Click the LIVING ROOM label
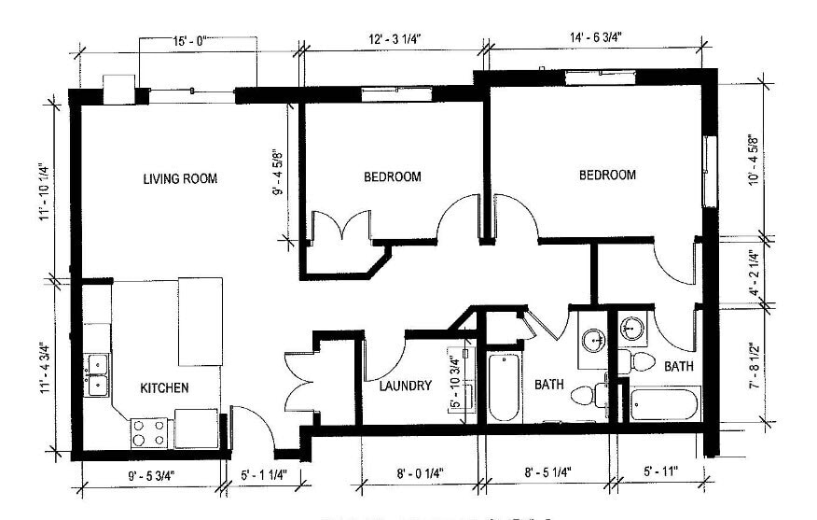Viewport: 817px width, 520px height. click(180, 178)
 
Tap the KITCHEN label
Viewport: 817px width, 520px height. click(165, 387)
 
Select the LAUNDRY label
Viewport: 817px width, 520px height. click(405, 386)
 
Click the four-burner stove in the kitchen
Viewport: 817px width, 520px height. click(148, 431)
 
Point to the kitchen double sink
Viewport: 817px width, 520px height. click(96, 372)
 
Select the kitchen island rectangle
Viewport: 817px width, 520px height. click(201, 321)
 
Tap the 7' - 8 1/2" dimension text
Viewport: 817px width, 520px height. click(752, 359)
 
